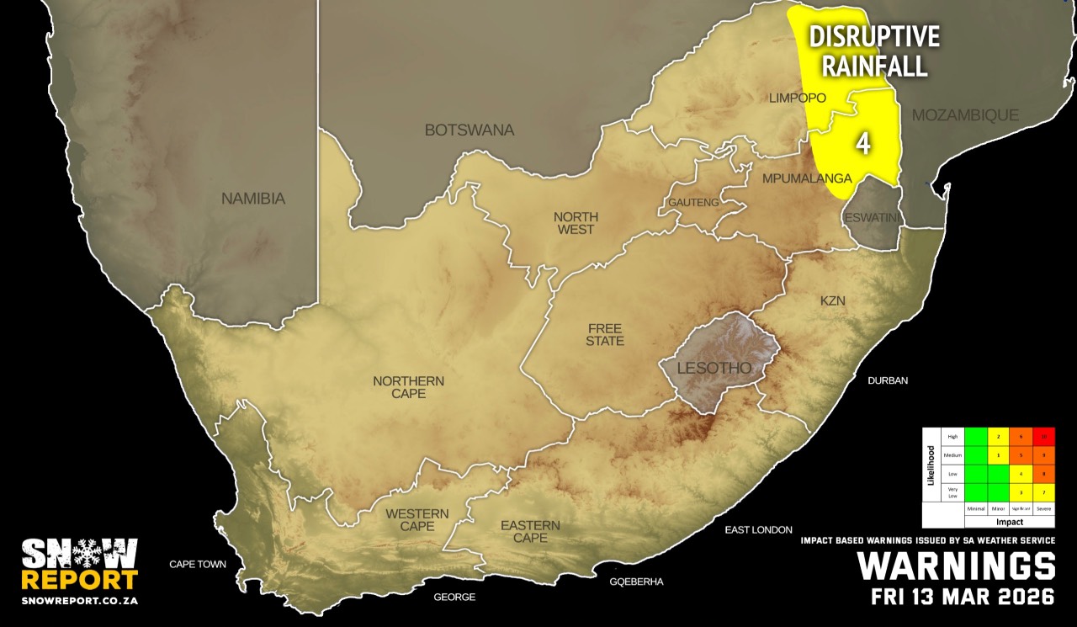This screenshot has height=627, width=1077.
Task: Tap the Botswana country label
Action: (x=469, y=130)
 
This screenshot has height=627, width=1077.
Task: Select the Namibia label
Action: (x=253, y=199)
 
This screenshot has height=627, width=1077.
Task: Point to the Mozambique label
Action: (x=965, y=114)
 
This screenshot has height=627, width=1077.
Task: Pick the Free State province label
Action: (x=605, y=334)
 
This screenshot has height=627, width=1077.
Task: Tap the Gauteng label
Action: (x=693, y=203)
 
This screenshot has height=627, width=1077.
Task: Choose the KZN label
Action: (x=832, y=300)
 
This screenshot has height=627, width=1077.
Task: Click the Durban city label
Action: (x=888, y=380)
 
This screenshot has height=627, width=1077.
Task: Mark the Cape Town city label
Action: (x=198, y=564)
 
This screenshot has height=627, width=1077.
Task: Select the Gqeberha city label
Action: (x=637, y=582)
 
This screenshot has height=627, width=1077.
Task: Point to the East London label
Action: (x=758, y=529)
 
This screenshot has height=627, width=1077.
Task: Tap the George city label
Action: (x=454, y=597)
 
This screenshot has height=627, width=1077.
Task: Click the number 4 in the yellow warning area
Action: (x=862, y=143)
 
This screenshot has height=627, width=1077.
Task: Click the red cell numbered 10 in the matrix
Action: (x=1043, y=437)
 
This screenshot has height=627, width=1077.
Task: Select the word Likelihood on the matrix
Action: (x=931, y=476)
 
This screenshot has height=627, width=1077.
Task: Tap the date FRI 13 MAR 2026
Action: (x=963, y=598)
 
